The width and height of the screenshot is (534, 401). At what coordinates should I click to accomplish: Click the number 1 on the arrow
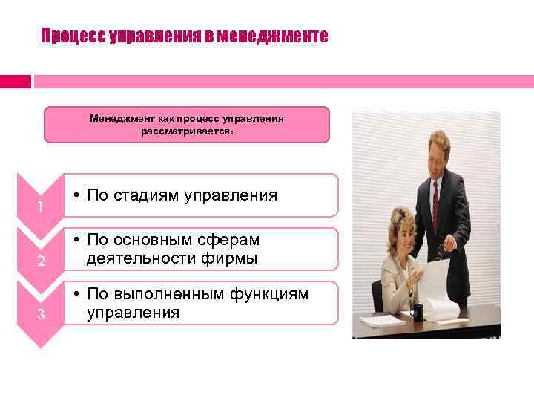coord(39,207)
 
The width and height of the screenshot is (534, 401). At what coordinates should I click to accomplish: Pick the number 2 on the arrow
coord(42,261)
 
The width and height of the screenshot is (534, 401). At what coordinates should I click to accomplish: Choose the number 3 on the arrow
coord(42,314)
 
